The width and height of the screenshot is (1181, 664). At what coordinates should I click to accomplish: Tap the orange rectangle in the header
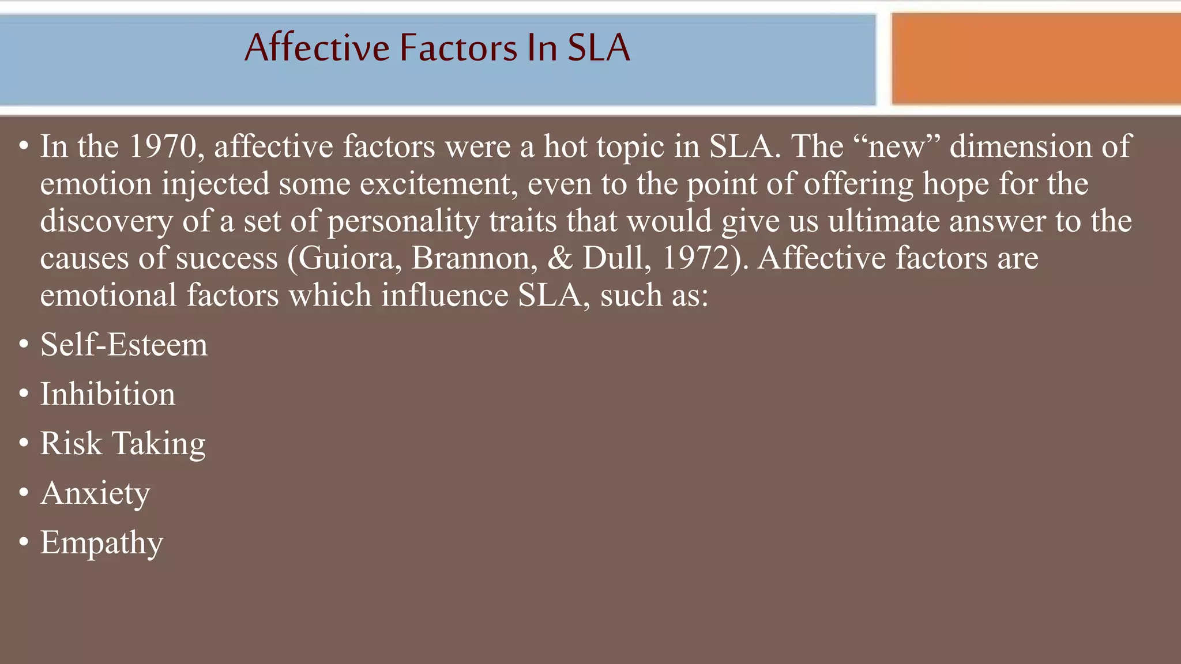point(1036,59)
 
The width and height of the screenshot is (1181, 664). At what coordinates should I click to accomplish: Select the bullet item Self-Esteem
point(123,345)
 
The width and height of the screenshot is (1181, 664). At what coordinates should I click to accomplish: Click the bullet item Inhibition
point(107,394)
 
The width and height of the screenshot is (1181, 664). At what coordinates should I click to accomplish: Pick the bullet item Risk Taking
point(122,444)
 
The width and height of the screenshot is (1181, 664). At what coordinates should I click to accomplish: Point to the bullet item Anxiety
point(95,493)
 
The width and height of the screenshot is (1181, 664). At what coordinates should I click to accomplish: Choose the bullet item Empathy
point(101,543)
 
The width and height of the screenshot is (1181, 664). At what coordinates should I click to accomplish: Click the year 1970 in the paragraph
point(163,146)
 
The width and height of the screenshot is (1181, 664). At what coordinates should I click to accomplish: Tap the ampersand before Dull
point(559,258)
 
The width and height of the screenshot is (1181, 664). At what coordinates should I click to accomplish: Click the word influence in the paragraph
point(445,295)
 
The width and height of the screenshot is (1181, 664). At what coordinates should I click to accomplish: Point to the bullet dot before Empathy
point(24,542)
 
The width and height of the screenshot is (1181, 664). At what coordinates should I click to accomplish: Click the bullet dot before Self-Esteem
point(24,345)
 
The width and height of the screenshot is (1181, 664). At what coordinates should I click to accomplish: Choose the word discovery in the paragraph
point(106,221)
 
